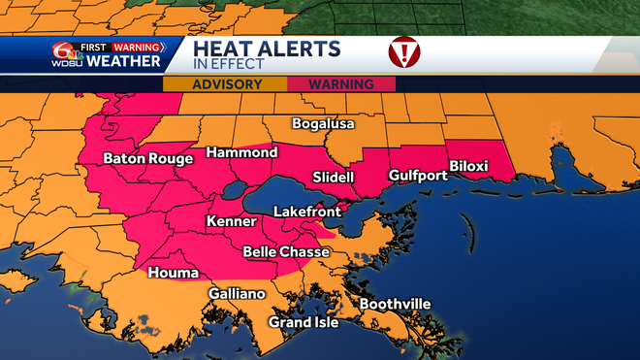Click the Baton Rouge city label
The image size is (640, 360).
143,158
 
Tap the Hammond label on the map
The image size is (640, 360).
240,153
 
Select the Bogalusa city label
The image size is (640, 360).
325,124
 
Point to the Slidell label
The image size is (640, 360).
334,178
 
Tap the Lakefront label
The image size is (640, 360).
304,211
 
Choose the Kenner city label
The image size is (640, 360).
231,222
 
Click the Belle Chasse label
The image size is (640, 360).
286,252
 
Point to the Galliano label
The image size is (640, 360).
237,294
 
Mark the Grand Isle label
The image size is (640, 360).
304,322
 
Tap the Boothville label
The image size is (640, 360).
395,305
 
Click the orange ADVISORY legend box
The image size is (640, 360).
226,84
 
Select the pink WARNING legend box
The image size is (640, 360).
341,84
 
